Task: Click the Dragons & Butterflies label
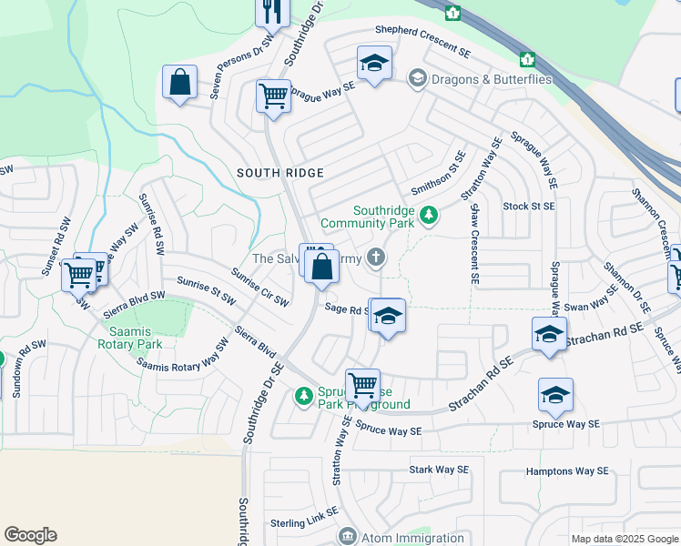pos(492,79)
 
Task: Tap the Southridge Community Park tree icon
pos(428,217)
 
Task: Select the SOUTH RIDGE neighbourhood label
pos(268,172)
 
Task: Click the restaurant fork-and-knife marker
pos(272,10)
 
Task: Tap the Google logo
pos(30,535)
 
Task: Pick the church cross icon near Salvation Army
pos(375,259)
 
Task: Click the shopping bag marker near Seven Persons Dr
pos(180,83)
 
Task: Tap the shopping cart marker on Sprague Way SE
pos(273,96)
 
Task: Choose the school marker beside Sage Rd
pos(388,318)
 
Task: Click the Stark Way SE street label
pos(439,470)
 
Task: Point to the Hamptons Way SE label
pos(566,471)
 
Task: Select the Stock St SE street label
pos(529,207)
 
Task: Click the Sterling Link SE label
pos(304,522)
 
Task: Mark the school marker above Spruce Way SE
pos(555,396)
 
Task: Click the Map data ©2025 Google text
pos(624,539)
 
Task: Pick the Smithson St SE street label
pos(438,176)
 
